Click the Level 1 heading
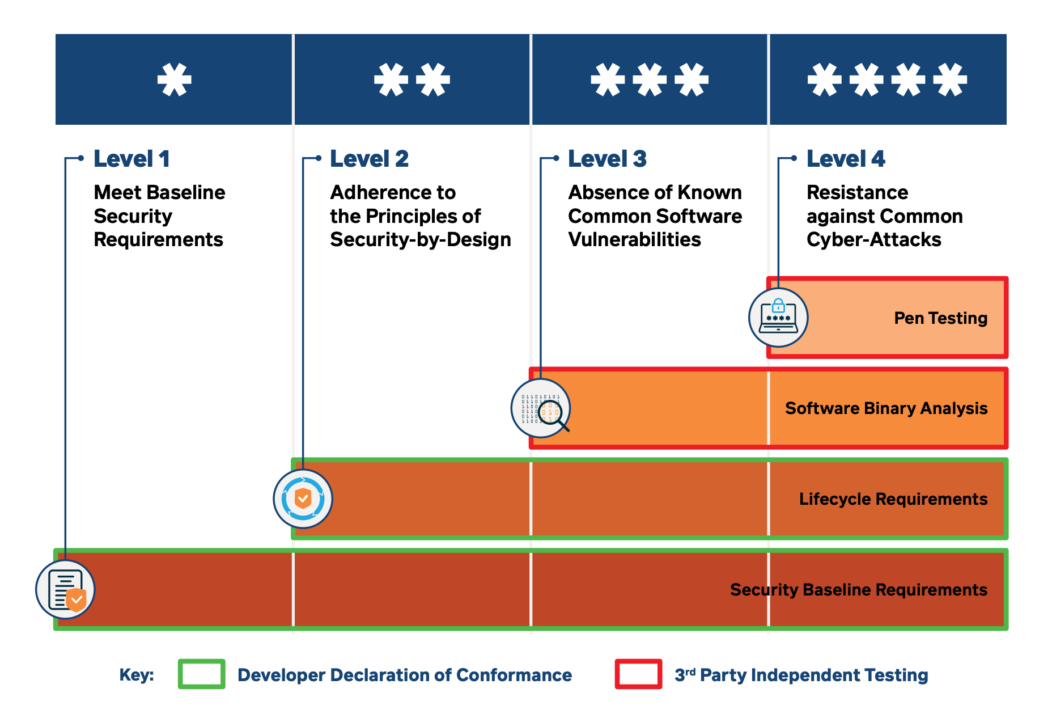(131, 159)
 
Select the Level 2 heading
(369, 159)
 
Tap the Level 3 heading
(607, 159)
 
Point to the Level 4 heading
(845, 159)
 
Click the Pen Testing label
(940, 318)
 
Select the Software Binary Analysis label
(886, 408)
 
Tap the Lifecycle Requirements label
(893, 499)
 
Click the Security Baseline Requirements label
(858, 590)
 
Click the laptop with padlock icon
(778, 318)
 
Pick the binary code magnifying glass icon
(541, 408)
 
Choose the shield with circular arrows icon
(303, 499)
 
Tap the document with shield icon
(65, 590)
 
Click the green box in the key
(201, 674)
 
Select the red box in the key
(638, 674)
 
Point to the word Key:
(137, 675)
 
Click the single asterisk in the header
(174, 79)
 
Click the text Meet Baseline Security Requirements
(159, 216)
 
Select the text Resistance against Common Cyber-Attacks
(884, 216)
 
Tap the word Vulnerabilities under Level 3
(634, 240)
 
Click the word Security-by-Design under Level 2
(421, 240)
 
